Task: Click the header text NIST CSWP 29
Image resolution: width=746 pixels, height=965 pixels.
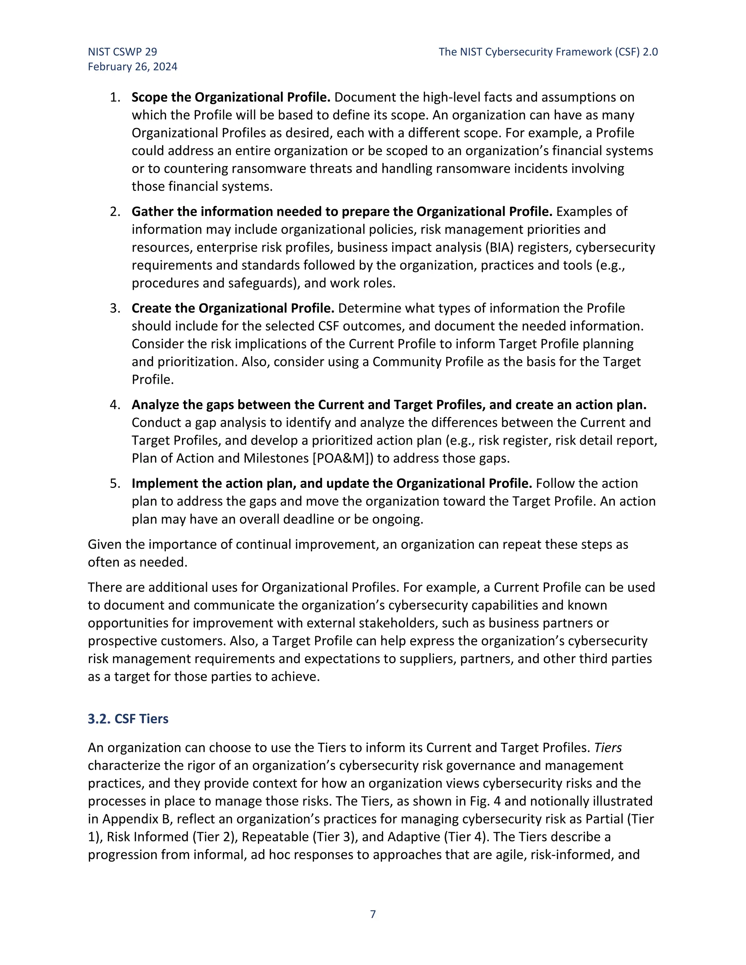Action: tap(122, 52)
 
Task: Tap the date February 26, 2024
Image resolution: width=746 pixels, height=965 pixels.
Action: tap(133, 67)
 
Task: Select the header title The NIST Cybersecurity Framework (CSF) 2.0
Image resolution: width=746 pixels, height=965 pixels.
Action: tap(548, 52)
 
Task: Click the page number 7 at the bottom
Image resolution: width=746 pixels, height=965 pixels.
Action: tap(373, 914)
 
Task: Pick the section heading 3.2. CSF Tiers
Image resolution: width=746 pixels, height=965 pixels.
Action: tap(128, 719)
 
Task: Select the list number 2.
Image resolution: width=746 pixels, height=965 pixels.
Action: tap(115, 212)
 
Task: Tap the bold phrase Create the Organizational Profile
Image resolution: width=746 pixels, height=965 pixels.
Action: tap(233, 308)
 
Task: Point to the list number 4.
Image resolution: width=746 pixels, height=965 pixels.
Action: tap(115, 405)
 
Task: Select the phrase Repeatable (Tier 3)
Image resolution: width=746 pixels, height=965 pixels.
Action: tap(299, 837)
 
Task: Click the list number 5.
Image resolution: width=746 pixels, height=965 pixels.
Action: tap(115, 483)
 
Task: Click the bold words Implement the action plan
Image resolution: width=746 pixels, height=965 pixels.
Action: tap(213, 483)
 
